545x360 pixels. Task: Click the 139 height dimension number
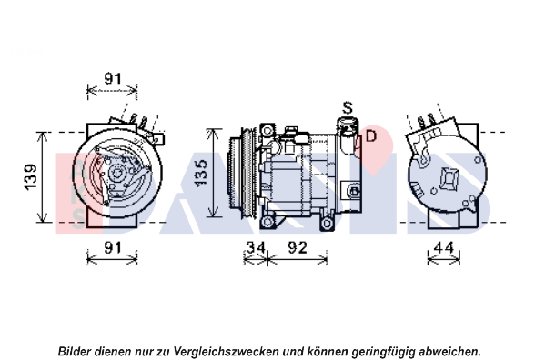click(x=31, y=177)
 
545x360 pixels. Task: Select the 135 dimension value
click(x=201, y=174)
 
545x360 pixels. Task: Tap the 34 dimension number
click(x=256, y=247)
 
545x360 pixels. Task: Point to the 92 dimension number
click(x=298, y=247)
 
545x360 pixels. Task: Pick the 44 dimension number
click(x=444, y=247)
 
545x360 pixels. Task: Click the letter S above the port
click(x=348, y=108)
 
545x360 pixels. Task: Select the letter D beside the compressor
click(x=371, y=135)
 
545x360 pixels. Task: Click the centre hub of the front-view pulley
click(x=116, y=173)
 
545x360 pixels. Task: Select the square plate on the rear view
click(x=449, y=178)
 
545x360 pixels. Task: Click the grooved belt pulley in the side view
click(x=247, y=174)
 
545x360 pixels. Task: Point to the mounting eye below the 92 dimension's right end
click(x=327, y=224)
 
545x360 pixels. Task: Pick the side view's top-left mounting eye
click(x=267, y=131)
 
